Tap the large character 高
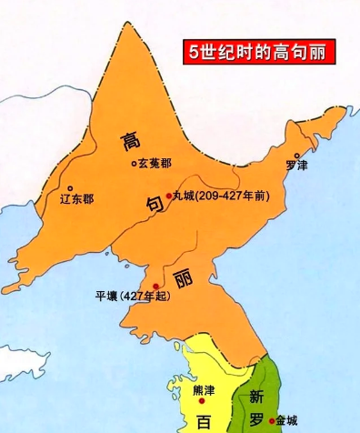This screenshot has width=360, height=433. tap(129, 139)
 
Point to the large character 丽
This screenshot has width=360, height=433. tap(184, 277)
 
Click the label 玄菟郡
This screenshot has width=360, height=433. tap(155, 165)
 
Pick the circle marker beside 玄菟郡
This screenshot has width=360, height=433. tap(134, 165)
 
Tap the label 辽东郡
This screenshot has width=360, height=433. tap(75, 198)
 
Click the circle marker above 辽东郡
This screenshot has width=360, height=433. tap(69, 187)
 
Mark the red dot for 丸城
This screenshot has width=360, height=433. tap(169, 195)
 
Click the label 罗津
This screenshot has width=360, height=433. tap(295, 166)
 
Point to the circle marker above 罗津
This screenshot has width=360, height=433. tap(296, 156)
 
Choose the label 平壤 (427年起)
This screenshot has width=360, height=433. tap(133, 296)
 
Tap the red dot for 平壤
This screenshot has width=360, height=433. tap(155, 287)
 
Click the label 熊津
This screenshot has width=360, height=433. tap(206, 390)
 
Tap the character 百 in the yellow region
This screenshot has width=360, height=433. tap(204, 421)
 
